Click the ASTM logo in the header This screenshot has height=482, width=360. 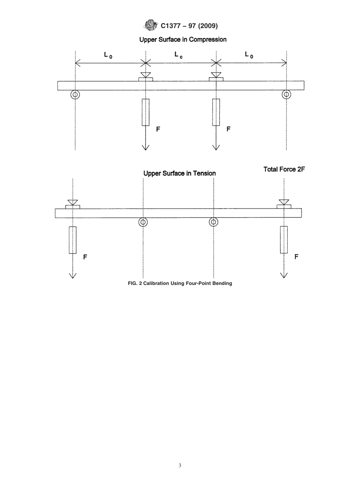click(150, 25)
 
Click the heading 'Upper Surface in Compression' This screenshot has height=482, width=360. click(183, 39)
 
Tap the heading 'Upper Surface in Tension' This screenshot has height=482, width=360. click(179, 173)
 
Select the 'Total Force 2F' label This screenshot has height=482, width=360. click(284, 169)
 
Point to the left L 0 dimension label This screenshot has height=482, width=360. click(108, 55)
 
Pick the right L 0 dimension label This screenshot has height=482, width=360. click(249, 55)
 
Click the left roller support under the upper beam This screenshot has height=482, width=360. click(75, 94)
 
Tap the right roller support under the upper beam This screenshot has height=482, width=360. click(286, 94)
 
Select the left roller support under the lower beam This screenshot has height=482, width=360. click(143, 222)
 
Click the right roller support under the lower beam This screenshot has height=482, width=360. click(214, 222)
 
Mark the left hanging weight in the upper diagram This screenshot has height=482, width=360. click(146, 112)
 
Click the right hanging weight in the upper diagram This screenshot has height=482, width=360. click(216, 112)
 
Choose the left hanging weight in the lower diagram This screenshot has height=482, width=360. click(72, 240)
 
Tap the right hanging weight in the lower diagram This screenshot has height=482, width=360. click(284, 239)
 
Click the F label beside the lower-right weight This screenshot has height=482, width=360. click(296, 257)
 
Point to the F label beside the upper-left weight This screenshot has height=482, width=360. click(158, 129)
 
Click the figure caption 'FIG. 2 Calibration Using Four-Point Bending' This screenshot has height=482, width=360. click(180, 283)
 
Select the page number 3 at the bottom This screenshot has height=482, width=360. click(180, 465)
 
